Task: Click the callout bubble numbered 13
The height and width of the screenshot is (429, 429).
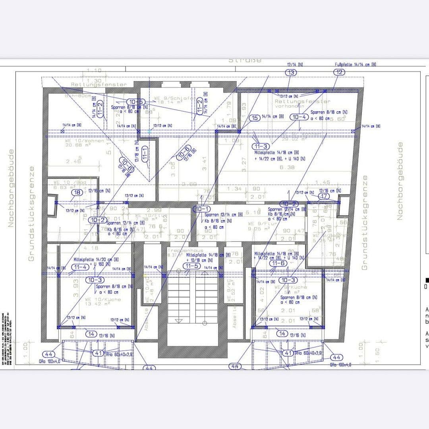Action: pos(291,72)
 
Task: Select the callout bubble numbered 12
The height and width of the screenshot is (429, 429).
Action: pos(339,72)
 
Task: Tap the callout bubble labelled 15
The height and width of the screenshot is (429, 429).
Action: pos(254,118)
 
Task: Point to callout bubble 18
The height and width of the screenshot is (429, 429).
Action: pos(77,193)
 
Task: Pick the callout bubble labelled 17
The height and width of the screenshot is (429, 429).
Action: pos(324,196)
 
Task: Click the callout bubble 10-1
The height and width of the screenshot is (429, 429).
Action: pos(202,209)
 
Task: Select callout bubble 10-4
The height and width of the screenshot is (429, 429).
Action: pos(298,117)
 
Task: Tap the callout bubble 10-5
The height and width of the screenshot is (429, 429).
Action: pos(135,102)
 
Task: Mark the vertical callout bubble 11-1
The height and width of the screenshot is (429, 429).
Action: pos(145,153)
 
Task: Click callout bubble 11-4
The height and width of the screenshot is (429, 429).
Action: pos(80,267)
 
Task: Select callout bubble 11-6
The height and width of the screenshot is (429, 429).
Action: pos(278,263)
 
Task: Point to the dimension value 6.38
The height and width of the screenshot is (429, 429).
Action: pos(287,167)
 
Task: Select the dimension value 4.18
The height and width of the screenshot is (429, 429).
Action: pos(91,248)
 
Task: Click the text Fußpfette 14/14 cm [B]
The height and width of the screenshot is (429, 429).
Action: pos(356,64)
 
